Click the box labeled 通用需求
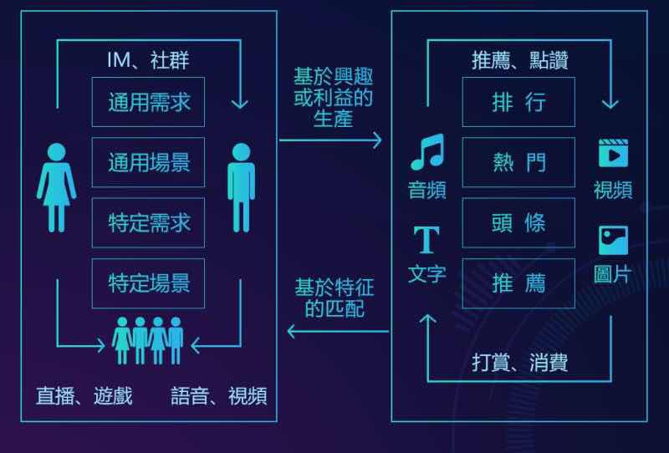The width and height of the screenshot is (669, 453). point(148,102)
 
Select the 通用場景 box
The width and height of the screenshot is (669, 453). point(148,162)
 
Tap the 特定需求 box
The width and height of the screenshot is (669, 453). point(148,223)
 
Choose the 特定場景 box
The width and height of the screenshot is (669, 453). point(148,283)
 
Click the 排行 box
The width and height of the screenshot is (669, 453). point(518,102)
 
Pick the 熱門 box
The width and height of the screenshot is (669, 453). point(518,162)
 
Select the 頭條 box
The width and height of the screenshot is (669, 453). point(518,222)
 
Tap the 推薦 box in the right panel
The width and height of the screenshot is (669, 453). point(518,283)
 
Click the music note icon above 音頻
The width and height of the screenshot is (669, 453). point(426,153)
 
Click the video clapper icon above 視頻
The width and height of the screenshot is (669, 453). point(613,154)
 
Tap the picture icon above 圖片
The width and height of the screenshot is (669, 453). point(613,241)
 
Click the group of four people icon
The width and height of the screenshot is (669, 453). point(148,339)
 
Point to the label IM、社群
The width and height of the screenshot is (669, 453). point(148,60)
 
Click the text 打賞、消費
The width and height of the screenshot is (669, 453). point(519,363)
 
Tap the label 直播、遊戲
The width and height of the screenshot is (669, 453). point(84,395)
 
